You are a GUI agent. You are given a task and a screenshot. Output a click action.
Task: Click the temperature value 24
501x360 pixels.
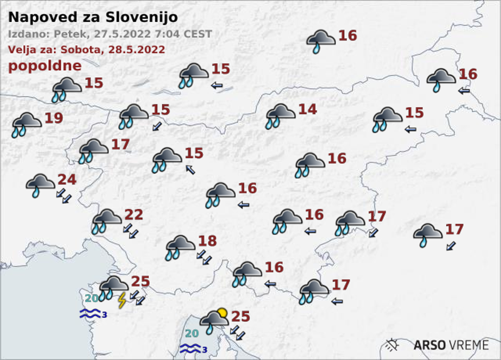[67, 179]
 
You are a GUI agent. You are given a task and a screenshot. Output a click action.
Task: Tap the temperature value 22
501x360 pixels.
[134, 215]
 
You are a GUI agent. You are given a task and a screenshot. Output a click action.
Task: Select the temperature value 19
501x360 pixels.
[53, 118]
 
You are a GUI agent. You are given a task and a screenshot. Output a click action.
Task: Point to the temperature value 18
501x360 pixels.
[207, 241]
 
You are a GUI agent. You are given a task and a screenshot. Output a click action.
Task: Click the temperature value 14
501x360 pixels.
[307, 110]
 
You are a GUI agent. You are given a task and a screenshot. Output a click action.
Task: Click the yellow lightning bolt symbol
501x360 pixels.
[122, 300]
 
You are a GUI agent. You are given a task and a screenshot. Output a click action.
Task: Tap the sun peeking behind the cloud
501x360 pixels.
[222, 313]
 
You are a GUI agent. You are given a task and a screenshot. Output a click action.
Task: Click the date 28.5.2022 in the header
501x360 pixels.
[138, 50]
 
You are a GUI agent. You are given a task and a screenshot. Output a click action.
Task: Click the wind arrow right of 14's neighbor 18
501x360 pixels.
[204, 257]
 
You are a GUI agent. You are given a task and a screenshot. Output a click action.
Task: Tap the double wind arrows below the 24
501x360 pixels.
[64, 195]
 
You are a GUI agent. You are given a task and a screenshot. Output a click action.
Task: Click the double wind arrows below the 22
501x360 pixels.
[131, 231]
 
